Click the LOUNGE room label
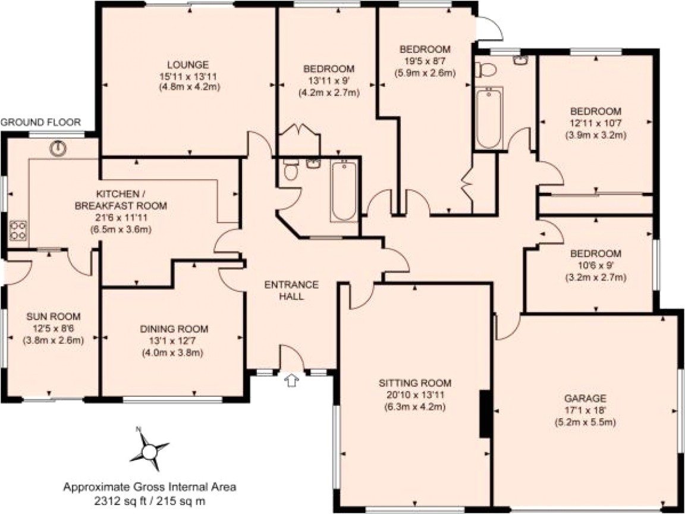click(187, 64)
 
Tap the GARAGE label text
click(586, 398)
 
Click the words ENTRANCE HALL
click(291, 290)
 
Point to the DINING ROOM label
click(174, 328)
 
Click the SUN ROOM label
click(53, 316)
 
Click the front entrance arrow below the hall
click(291, 380)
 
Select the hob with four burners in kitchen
click(17, 231)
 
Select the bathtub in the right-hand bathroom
click(489, 117)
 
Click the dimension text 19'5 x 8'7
click(425, 61)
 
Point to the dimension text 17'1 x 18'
click(586, 410)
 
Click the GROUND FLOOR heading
click(40, 123)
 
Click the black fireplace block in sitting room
click(485, 413)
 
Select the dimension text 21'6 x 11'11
click(121, 217)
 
